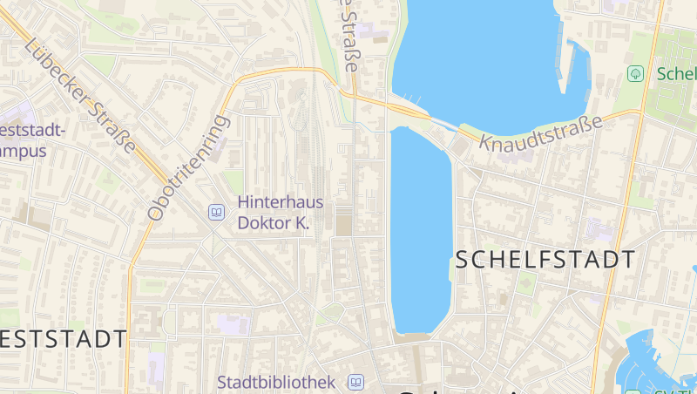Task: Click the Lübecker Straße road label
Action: [x=81, y=96]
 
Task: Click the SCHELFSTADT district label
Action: [x=545, y=259]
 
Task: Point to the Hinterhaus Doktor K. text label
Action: [x=274, y=212]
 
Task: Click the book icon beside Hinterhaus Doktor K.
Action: [x=216, y=211]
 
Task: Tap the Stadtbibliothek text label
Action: [x=276, y=382]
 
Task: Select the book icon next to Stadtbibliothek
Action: [x=355, y=382]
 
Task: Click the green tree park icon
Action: [x=635, y=73]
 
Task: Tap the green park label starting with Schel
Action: [x=676, y=73]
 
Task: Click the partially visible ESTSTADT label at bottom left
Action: [x=63, y=338]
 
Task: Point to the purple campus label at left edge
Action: [x=31, y=140]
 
